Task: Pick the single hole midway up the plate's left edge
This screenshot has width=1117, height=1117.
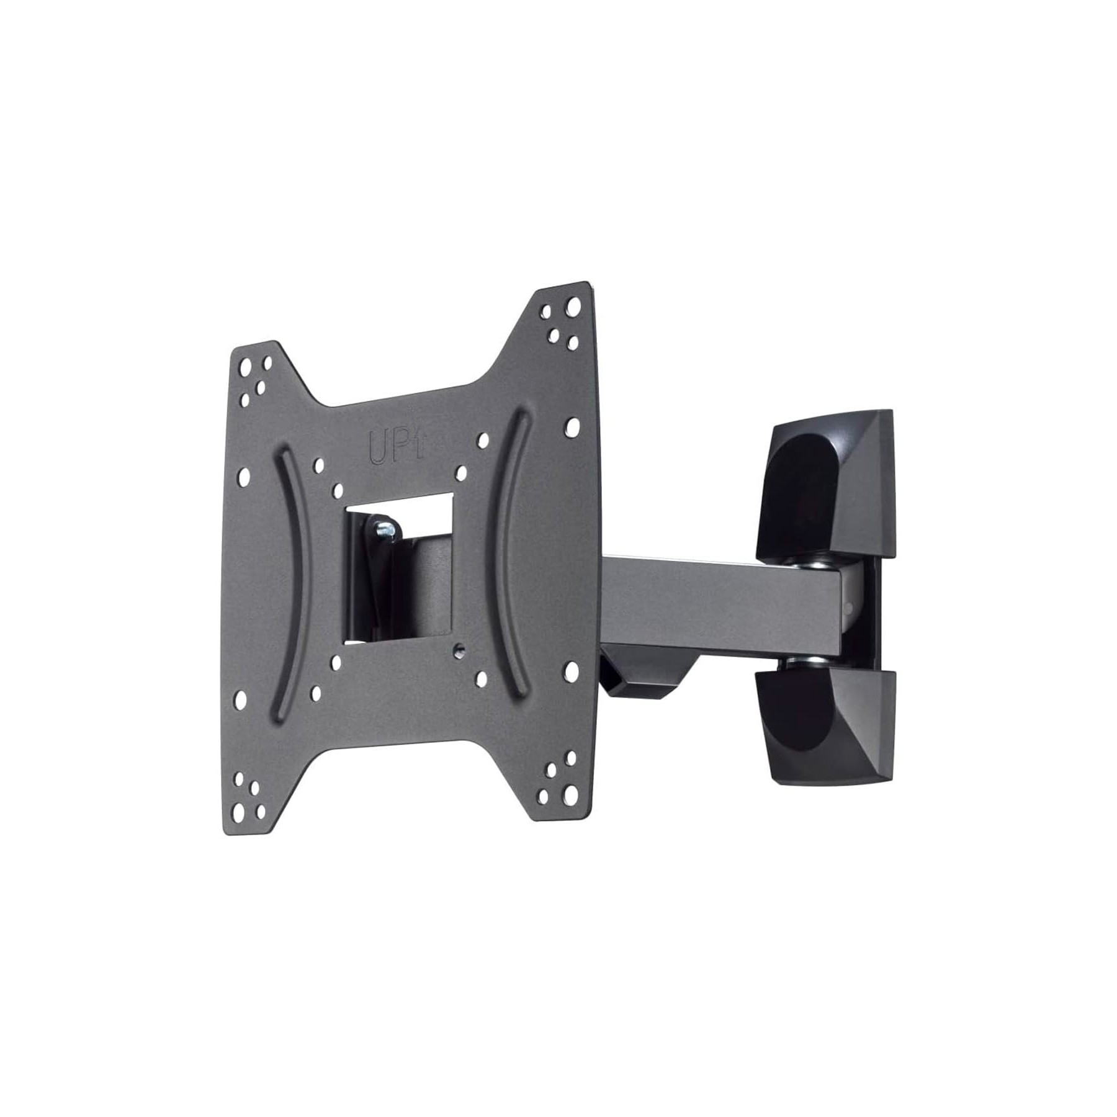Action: coord(244,477)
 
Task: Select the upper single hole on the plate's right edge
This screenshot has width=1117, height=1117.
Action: coord(572,425)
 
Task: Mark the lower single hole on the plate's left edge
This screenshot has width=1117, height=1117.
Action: coord(240,700)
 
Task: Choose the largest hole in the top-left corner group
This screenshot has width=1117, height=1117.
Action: coord(246,365)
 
